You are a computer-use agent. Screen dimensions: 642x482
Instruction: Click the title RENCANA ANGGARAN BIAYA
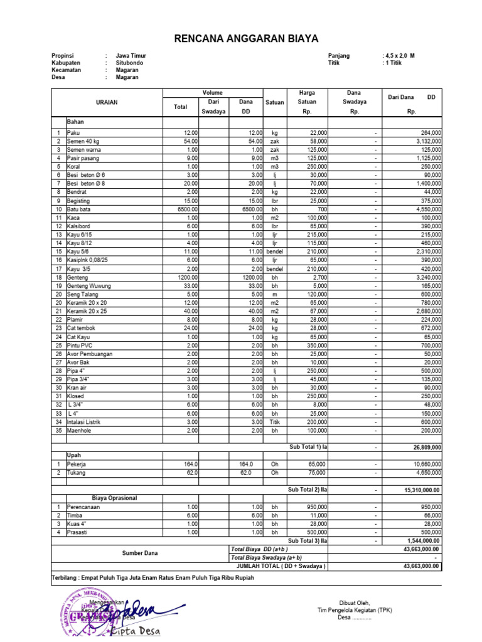[247, 39]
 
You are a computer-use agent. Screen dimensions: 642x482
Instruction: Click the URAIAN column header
[106, 102]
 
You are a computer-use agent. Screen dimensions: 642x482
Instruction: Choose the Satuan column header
[275, 102]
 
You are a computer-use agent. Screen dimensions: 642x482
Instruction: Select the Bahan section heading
[75, 122]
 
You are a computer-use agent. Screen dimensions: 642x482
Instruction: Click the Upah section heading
[74, 455]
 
